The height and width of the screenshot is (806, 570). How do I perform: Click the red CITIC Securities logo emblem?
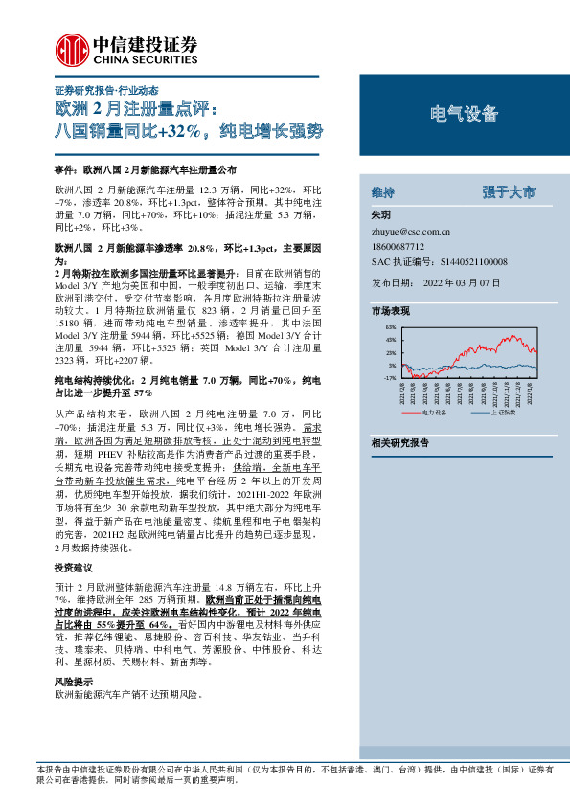point(69,47)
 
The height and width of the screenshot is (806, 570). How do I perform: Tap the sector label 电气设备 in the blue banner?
point(464,115)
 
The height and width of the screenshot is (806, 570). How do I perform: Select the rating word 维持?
point(382,192)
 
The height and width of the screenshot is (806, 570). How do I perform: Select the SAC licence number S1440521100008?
point(471,261)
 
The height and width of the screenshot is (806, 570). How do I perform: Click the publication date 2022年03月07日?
point(461,283)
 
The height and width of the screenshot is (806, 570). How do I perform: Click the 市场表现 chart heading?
point(390,311)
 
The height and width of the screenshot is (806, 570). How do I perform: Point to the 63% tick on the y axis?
point(391,328)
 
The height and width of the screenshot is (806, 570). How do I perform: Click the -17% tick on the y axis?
point(390,378)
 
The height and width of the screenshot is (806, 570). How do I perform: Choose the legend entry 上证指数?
point(502,412)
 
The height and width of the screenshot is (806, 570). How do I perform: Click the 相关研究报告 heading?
point(400,442)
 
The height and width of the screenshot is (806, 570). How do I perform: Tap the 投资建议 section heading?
point(74,569)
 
